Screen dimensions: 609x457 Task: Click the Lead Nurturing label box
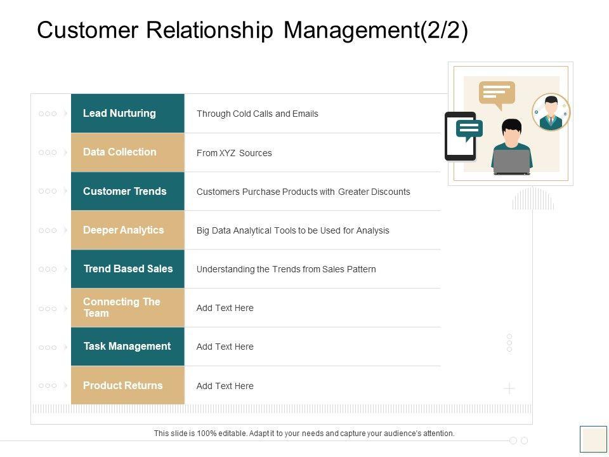pos(128,114)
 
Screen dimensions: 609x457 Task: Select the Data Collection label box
pos(128,152)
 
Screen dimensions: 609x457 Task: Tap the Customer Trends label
pos(128,191)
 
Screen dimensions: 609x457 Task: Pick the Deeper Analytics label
pos(128,230)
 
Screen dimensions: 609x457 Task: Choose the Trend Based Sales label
pos(128,268)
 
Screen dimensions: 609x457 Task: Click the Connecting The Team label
pos(128,308)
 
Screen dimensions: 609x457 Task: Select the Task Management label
pos(128,347)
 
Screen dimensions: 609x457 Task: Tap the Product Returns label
pos(128,385)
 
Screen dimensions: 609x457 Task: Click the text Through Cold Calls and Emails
pos(257,114)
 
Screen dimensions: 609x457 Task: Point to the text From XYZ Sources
pos(234,153)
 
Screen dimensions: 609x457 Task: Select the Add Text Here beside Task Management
pos(225,347)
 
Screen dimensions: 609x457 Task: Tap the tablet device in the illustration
pos(460,136)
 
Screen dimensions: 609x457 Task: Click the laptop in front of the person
pos(511,162)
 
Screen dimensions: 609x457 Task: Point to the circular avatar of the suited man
pos(551,112)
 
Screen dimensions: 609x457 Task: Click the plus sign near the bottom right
pos(509,388)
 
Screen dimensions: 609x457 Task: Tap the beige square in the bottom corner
pos(594,439)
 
